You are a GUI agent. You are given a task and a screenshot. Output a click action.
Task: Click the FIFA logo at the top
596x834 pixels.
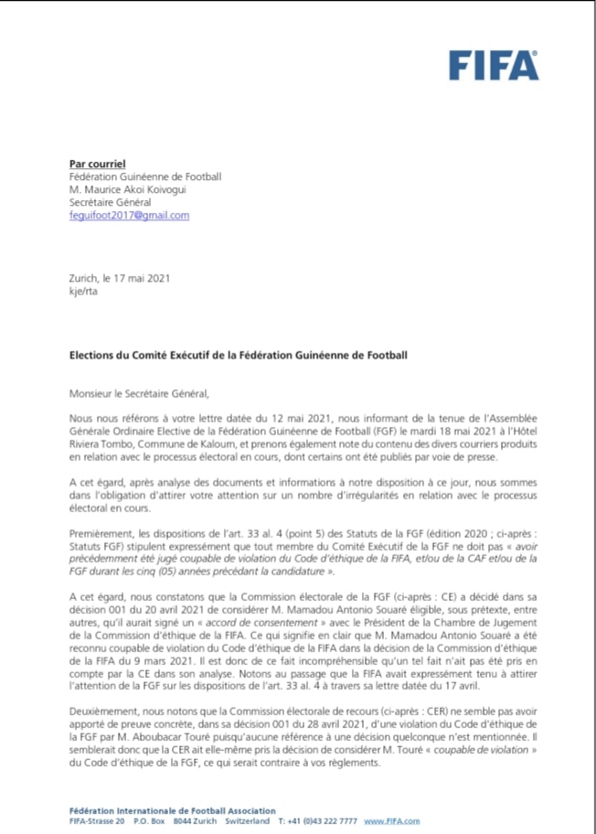494,65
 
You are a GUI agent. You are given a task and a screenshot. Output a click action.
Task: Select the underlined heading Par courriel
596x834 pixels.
97,163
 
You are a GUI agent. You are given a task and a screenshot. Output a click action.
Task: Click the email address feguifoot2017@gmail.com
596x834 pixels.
129,215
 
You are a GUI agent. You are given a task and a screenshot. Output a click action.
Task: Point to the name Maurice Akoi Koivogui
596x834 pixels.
136,189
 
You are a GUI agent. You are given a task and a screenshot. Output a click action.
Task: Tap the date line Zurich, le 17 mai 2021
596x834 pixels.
119,278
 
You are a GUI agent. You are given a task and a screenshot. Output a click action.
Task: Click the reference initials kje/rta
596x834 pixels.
84,291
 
